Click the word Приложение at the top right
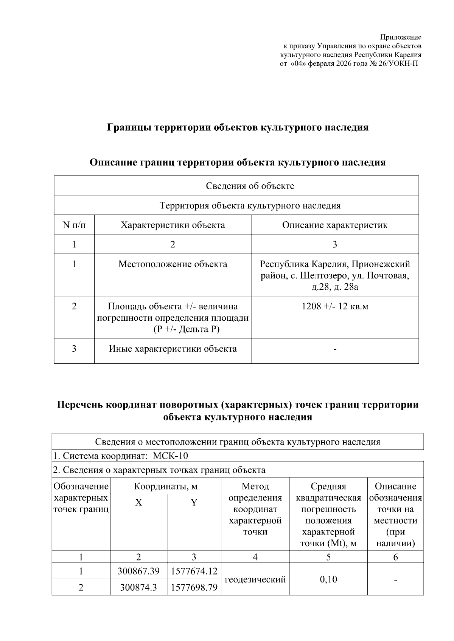tap(401, 37)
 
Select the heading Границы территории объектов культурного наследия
tap(238, 127)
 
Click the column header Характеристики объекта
tap(173, 225)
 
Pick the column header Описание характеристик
tap(335, 225)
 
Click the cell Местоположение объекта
tap(173, 264)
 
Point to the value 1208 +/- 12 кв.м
tap(335, 306)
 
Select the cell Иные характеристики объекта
tap(173, 349)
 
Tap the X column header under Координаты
tap(138, 502)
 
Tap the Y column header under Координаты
tap(194, 502)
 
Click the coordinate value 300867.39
tap(138, 571)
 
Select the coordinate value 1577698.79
tap(194, 587)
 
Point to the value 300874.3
tap(138, 587)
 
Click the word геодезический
tap(255, 579)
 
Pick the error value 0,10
tap(328, 579)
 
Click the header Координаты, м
tap(165, 486)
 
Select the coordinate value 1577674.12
tap(194, 571)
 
